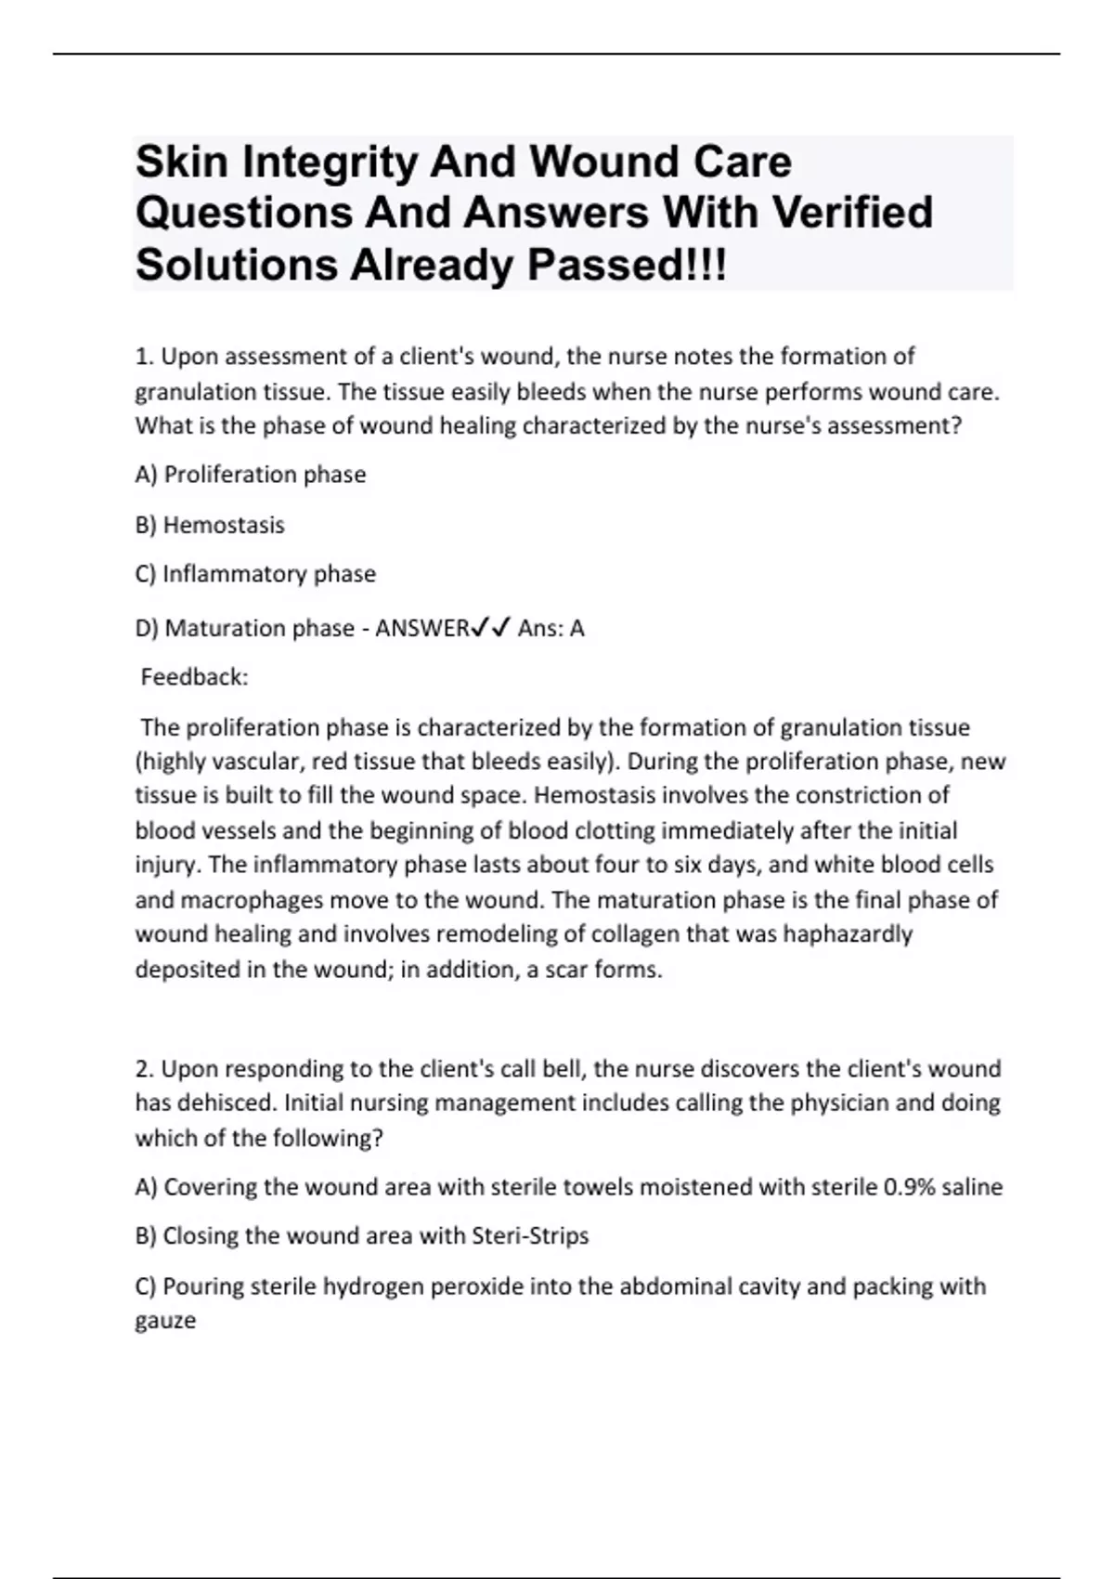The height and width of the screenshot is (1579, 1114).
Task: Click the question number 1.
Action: pyautogui.click(x=144, y=357)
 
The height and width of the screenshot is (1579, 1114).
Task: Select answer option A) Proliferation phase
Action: pyautogui.click(x=251, y=475)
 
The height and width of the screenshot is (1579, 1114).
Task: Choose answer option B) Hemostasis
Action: pyautogui.click(x=210, y=525)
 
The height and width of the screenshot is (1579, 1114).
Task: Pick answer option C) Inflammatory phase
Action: pyautogui.click(x=255, y=574)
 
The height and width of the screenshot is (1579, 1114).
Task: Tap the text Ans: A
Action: pyautogui.click(x=551, y=629)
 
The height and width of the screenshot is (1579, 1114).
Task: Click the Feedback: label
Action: pyautogui.click(x=194, y=677)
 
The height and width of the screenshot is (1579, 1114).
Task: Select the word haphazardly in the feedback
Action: pyautogui.click(x=848, y=933)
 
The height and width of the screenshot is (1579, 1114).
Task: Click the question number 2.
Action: pyautogui.click(x=144, y=1069)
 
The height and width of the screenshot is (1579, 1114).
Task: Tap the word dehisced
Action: pyautogui.click(x=223, y=1103)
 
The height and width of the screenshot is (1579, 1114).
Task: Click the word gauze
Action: pyautogui.click(x=165, y=1321)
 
